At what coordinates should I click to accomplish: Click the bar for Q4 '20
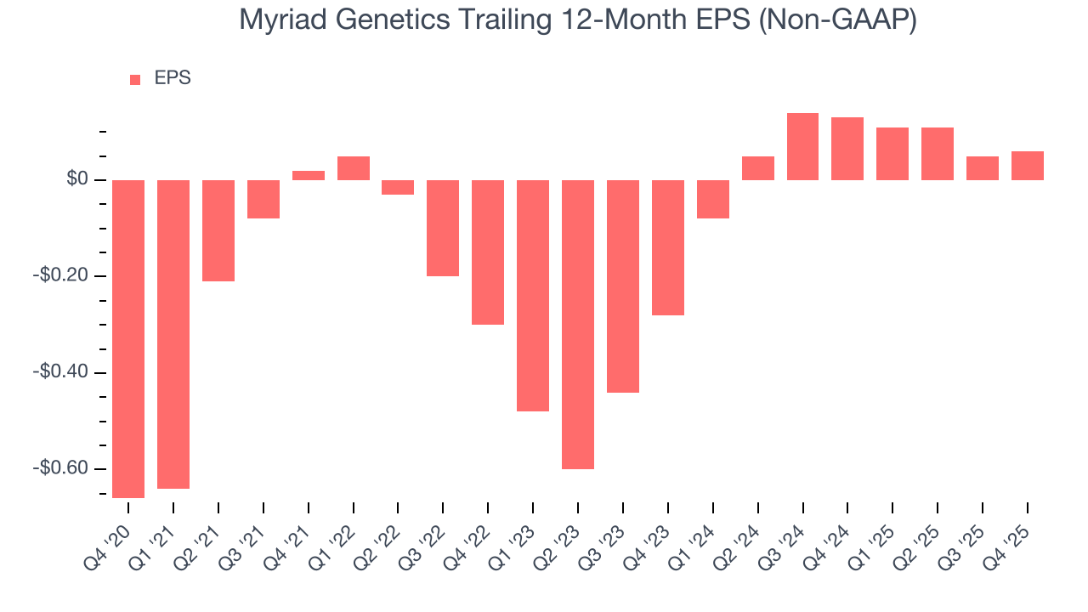click(x=128, y=338)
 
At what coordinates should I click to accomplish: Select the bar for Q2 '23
click(x=578, y=324)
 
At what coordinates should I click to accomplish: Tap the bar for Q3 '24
click(x=802, y=146)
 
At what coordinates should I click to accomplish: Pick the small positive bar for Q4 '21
click(x=309, y=175)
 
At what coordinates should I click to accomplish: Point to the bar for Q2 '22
click(x=398, y=187)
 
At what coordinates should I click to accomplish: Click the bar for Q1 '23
click(x=533, y=295)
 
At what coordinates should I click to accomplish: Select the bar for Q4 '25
click(x=1027, y=166)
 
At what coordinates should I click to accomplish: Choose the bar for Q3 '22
click(x=443, y=228)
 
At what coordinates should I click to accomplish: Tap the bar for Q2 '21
click(x=218, y=230)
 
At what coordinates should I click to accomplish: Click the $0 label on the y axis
click(x=79, y=179)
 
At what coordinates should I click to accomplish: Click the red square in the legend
click(x=135, y=79)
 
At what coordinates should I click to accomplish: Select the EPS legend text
click(x=173, y=78)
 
